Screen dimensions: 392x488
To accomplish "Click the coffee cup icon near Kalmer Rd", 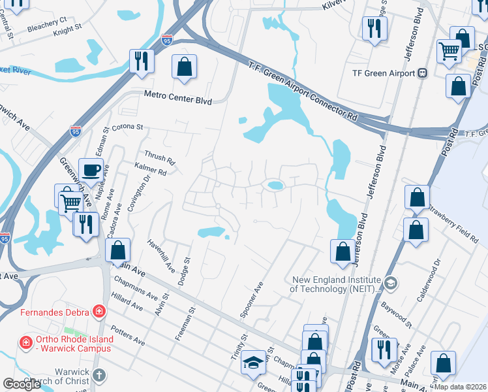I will click(x=91, y=171).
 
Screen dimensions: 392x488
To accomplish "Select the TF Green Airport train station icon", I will click(x=423, y=73).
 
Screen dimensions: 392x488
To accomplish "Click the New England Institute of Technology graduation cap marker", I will click(x=391, y=283).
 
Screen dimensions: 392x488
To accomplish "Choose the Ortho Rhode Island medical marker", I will click(x=25, y=342).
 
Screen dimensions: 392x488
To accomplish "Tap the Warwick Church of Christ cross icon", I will click(x=99, y=375).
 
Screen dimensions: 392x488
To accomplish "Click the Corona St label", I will click(x=127, y=127).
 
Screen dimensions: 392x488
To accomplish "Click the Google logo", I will click(x=22, y=384).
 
